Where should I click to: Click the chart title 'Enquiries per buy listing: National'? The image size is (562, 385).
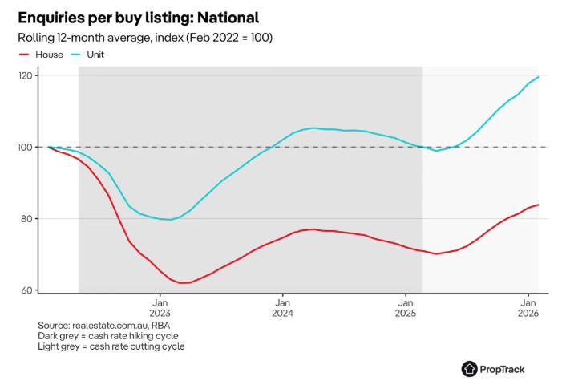click(x=138, y=17)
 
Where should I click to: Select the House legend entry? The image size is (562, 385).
click(x=46, y=55)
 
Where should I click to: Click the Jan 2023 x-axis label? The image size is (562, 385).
click(x=160, y=307)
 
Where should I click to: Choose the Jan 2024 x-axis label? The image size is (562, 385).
click(x=282, y=307)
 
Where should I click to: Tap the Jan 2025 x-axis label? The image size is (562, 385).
click(x=406, y=307)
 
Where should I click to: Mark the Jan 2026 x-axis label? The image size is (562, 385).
click(x=528, y=307)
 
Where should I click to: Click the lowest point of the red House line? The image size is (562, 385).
click(x=182, y=283)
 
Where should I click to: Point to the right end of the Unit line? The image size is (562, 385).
click(x=538, y=77)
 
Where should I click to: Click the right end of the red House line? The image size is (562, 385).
click(x=538, y=205)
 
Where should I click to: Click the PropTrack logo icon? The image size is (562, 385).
click(x=470, y=368)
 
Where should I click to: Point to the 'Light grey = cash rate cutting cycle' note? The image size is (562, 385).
click(x=111, y=346)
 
